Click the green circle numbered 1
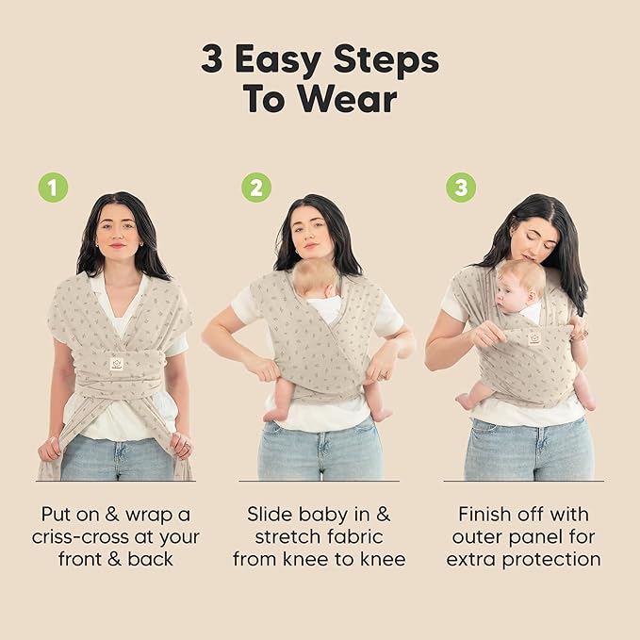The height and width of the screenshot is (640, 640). pos(53,188)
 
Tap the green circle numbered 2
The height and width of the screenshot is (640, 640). pos(256,188)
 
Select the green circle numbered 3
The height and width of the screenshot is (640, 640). pos(461,188)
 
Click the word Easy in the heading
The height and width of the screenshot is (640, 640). pos(278,61)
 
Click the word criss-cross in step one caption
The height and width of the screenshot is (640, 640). pos(80,537)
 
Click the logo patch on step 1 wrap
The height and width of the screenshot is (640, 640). pos(117,364)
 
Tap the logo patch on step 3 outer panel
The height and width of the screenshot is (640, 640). pos(533,338)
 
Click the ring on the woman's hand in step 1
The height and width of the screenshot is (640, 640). pos(188,444)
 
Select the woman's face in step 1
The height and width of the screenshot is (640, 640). pos(118,233)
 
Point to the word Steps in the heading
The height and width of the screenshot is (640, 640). pos(386,61)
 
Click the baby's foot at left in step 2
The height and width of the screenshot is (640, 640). pos(272,415)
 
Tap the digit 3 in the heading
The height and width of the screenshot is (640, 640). pos(212,58)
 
